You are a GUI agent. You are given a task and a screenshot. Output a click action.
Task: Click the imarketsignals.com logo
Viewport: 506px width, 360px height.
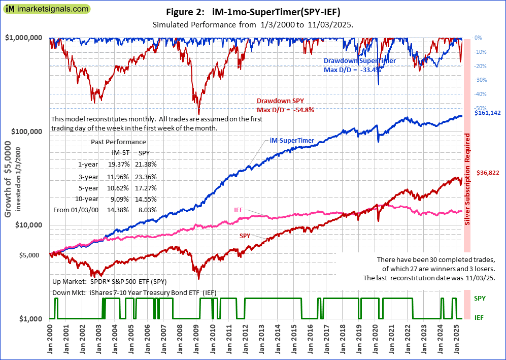[45, 9]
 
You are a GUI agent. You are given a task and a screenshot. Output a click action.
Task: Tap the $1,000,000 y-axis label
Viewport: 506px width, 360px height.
[24, 38]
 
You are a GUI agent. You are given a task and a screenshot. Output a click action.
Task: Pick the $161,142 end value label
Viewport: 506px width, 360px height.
[487, 113]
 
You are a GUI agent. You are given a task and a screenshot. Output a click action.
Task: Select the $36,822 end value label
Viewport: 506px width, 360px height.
[488, 173]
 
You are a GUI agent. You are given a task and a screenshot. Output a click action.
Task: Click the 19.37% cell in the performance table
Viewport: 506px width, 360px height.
[120, 164]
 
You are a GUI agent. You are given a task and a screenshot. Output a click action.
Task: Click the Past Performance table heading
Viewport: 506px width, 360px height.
[118, 142]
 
